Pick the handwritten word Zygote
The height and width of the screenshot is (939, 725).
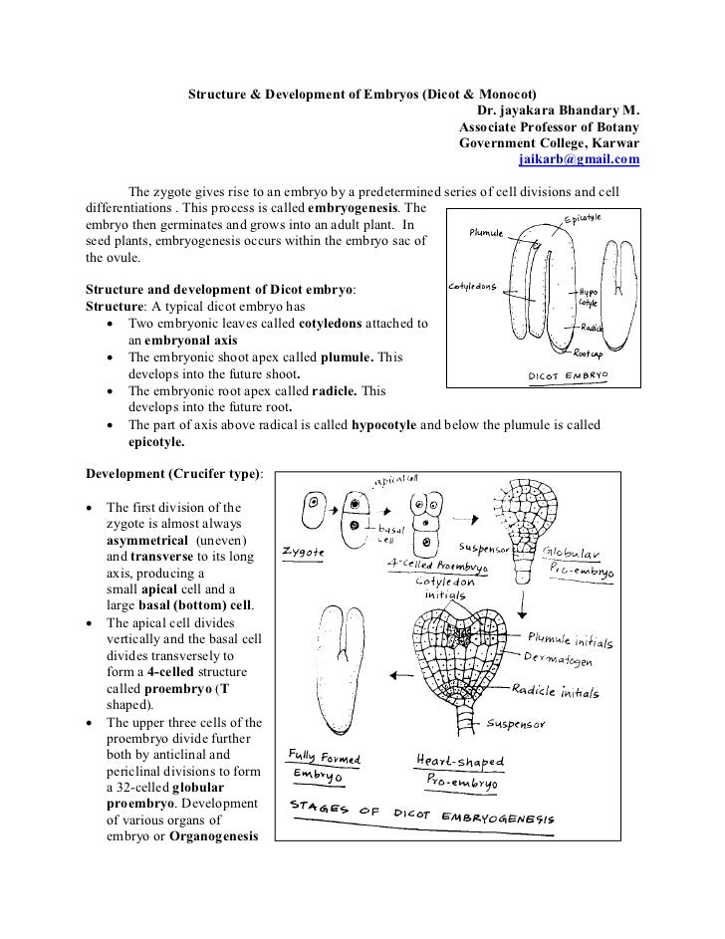tap(304, 549)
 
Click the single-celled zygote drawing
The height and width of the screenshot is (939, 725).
tap(313, 508)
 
